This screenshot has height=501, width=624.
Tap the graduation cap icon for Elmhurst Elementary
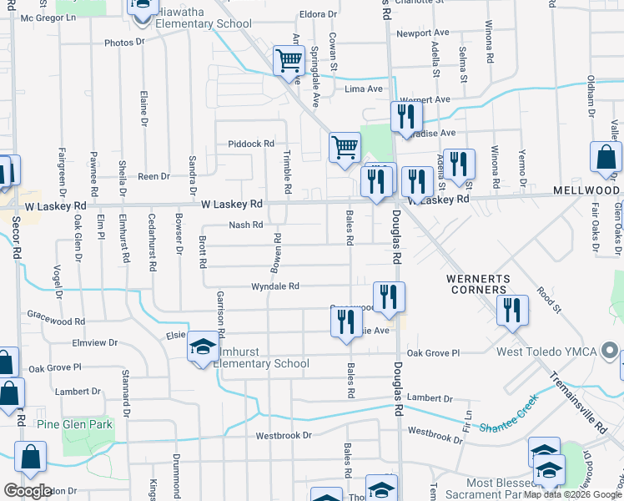202,347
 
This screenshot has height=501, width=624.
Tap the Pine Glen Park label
74,424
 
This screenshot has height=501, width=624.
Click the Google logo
28,491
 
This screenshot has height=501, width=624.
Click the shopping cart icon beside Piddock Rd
344,148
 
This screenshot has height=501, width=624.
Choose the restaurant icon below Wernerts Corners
512,311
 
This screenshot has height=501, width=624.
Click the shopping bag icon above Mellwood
605,157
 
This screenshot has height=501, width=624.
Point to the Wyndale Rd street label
275,286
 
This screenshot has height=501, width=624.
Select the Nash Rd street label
246,225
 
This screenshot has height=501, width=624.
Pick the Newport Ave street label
423,33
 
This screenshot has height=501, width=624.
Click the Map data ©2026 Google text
572,494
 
